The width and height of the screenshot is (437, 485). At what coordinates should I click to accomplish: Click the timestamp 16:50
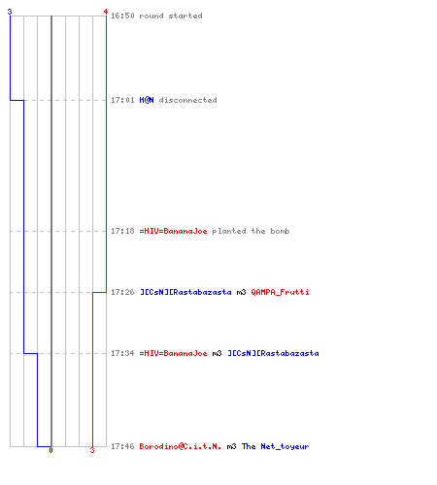tap(122, 16)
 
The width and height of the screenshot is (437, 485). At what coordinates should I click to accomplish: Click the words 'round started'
tap(171, 16)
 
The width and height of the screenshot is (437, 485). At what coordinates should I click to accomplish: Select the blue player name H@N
tap(147, 100)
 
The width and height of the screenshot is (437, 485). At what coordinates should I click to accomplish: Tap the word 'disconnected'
tap(187, 100)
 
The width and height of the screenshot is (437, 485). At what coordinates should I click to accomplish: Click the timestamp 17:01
tap(122, 100)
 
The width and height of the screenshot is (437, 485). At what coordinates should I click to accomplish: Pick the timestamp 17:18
tap(122, 231)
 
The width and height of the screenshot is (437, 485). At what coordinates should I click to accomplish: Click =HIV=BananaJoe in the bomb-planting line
tap(173, 231)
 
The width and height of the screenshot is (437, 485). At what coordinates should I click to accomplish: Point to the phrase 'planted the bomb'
tap(251, 231)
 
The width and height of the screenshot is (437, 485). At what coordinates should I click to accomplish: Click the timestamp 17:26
tap(122, 292)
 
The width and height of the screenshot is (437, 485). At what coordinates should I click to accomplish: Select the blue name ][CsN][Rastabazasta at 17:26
tap(185, 292)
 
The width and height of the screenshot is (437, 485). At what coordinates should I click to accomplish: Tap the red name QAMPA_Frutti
tap(280, 292)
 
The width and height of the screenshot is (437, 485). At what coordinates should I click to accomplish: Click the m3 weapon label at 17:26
tap(241, 292)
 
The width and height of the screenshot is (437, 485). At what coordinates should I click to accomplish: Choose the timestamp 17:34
tap(122, 353)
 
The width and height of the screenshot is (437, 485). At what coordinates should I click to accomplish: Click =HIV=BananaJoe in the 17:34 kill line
tap(173, 353)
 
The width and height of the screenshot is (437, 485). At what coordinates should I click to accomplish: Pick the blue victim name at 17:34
tap(273, 353)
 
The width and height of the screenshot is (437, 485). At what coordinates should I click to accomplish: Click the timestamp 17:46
tap(122, 446)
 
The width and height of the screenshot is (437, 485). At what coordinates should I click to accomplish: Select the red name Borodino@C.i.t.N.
tap(181, 446)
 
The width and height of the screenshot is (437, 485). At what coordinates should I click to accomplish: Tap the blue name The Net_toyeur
tap(275, 446)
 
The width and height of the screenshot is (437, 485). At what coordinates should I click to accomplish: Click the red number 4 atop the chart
tap(106, 12)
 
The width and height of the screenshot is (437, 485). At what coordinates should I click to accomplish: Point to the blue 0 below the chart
tap(50, 450)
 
